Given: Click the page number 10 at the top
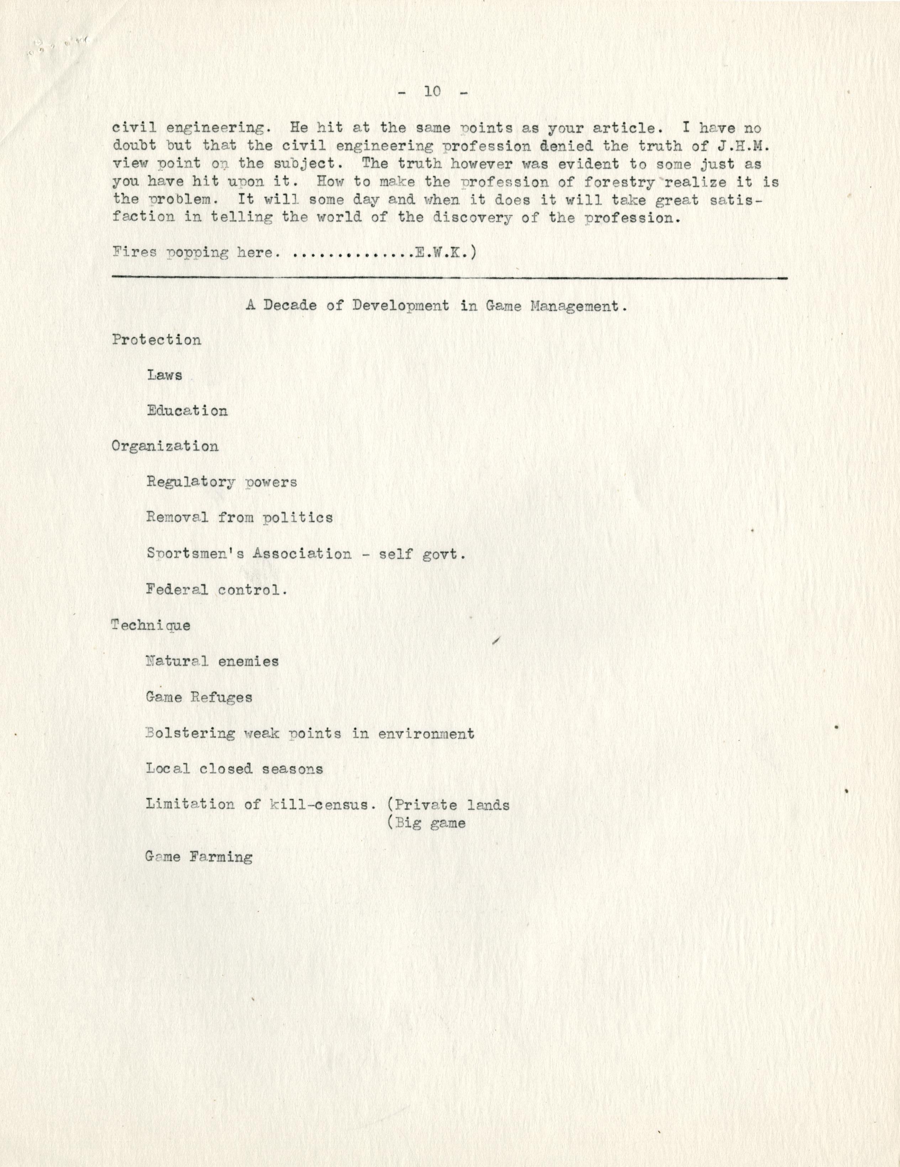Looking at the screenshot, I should click(433, 91).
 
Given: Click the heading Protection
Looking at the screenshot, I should click(157, 340).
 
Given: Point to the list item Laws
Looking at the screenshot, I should click(165, 375).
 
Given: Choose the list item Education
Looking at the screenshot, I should click(187, 411).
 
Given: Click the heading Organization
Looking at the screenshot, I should click(165, 447).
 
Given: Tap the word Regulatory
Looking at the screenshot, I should click(191, 483).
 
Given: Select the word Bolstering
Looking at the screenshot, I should click(190, 733).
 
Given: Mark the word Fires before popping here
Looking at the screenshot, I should click(134, 253).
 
